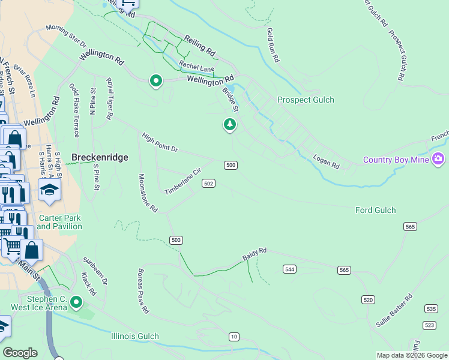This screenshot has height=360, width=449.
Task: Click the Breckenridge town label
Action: [100, 157]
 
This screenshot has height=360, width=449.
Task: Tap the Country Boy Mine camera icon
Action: [439, 159]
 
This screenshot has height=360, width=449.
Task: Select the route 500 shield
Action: [231, 165]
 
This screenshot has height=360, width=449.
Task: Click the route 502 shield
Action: [208, 183]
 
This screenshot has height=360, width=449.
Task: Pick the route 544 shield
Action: [290, 269]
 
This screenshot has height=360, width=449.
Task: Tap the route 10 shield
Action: [234, 336]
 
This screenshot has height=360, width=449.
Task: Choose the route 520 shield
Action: [369, 299]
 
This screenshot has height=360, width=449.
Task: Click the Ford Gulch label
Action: [376, 210]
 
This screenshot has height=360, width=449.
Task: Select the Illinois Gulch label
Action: [135, 336]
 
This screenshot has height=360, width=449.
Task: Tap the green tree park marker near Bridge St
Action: [229, 124]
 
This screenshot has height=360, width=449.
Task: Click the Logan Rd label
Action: [327, 161]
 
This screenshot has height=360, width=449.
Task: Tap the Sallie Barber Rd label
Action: [394, 309]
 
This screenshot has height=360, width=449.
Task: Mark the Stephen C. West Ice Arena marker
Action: [76, 302]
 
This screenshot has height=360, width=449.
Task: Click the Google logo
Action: [21, 353]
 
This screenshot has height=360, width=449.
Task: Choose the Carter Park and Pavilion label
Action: [59, 222]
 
